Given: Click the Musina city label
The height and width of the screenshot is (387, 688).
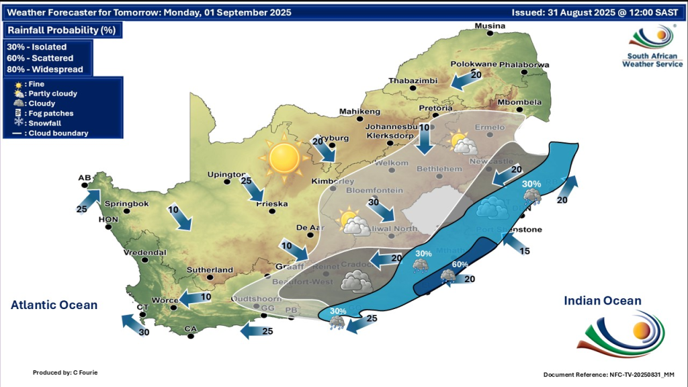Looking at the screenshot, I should pyautogui.click(x=490, y=26).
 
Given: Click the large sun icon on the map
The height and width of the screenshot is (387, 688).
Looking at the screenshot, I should pyautogui.click(x=283, y=159).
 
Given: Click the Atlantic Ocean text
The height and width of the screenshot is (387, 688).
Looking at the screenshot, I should pyautogui.click(x=54, y=305).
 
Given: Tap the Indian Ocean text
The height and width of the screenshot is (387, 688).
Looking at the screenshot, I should pyautogui.click(x=603, y=301).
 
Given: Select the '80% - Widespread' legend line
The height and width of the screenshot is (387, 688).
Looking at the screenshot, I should pyautogui.click(x=45, y=69).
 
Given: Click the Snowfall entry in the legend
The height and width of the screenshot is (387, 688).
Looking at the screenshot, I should pyautogui.click(x=44, y=123).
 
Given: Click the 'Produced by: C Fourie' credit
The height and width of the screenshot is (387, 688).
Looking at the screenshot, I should pyautogui.click(x=66, y=372).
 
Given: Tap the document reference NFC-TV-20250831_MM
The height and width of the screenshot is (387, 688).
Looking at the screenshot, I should pyautogui.click(x=613, y=374).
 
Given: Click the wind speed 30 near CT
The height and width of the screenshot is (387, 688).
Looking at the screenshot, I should pyautogui.click(x=144, y=332).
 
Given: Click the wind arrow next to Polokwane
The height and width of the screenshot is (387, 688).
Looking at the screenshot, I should pyautogui.click(x=463, y=81).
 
